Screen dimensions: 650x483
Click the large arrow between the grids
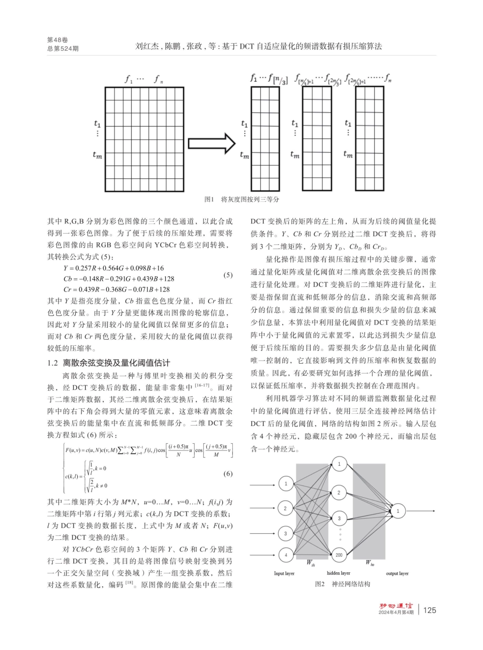click(x=212, y=144)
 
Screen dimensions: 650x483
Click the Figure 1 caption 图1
click(x=209, y=200)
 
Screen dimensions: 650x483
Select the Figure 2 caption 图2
click(x=320, y=584)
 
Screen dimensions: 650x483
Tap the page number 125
click(x=430, y=610)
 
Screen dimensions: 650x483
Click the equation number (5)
click(x=228, y=275)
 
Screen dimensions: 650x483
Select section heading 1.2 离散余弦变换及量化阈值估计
click(x=108, y=363)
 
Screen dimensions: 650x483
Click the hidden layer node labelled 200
click(x=339, y=555)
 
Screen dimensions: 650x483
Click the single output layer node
click(x=398, y=510)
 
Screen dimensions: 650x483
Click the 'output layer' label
click(x=397, y=573)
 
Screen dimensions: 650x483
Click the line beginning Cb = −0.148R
click(x=119, y=278)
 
